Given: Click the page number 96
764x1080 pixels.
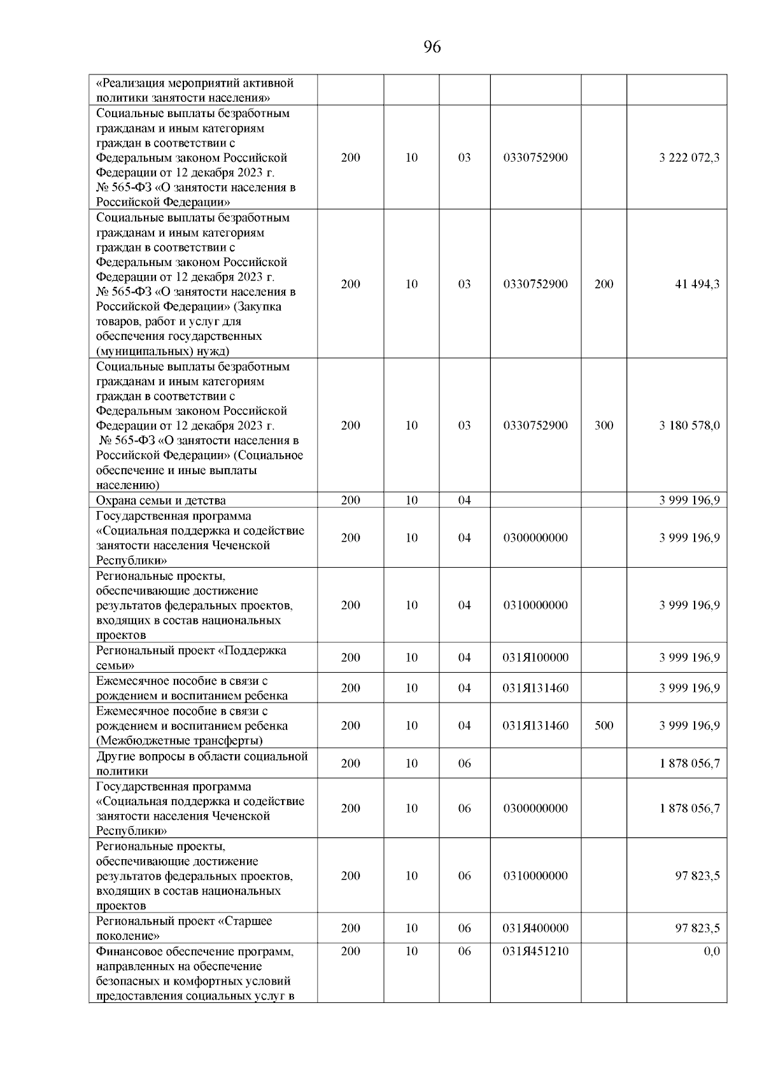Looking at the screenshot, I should tap(432, 47).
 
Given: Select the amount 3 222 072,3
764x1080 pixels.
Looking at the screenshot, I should tap(689, 158).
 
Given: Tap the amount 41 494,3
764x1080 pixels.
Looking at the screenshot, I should tap(697, 284).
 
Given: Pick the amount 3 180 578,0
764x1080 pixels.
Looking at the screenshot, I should tap(689, 426).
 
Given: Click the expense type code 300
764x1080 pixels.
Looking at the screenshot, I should tap(604, 426).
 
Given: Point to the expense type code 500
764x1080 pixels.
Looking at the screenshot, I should tap(604, 726).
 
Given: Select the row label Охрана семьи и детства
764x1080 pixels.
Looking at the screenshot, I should tap(160, 501).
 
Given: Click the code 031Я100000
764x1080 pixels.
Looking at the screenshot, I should tap(535, 658).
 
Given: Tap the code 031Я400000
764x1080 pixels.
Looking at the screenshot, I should tap(535, 929).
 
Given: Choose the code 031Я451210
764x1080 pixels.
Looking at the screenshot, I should tap(535, 951).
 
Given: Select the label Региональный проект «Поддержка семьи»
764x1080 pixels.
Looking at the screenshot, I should tap(191, 658).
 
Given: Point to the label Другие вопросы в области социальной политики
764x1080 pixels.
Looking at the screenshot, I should tap(201, 764).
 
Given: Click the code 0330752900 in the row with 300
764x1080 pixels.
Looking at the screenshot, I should tap(535, 426).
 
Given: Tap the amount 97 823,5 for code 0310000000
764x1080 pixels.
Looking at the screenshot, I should tap(697, 876).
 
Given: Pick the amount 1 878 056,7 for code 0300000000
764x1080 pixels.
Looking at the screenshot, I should tap(689, 809).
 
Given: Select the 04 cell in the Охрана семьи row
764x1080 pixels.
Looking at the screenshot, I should tap(464, 501).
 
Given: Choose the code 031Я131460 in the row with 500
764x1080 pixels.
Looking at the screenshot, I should tap(535, 726).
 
